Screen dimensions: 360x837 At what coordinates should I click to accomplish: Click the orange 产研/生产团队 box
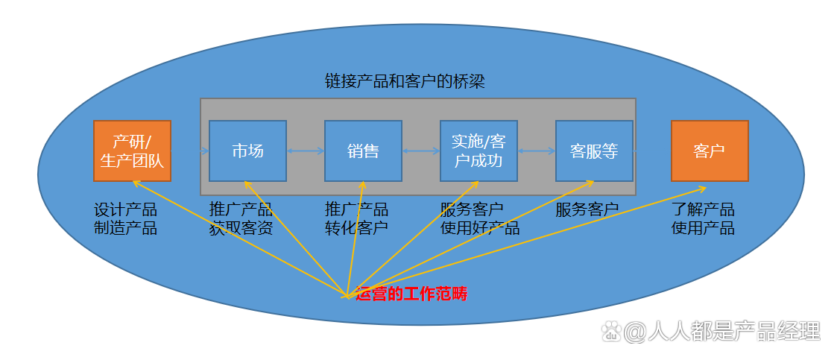(132, 151)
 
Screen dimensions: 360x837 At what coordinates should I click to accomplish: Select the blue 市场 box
(247, 151)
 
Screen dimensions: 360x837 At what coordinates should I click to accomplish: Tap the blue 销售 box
(363, 151)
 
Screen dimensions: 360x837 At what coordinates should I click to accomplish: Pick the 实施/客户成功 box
(478, 151)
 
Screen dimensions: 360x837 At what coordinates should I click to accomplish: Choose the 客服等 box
(594, 151)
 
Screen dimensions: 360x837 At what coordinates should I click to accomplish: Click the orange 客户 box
(710, 151)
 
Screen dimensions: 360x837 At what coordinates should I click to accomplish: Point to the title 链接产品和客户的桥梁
(405, 80)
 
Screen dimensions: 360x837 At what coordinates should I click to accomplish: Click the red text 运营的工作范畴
(411, 294)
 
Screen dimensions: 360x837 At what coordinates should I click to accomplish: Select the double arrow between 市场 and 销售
(306, 151)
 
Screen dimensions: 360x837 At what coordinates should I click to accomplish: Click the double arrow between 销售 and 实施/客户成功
(421, 151)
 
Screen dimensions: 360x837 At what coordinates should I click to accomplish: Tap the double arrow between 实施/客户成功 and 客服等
(537, 151)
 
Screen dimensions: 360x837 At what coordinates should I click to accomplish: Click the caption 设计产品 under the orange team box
(125, 209)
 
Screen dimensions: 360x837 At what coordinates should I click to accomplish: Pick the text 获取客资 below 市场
(241, 228)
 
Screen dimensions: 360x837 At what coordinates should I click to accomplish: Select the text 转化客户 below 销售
(356, 228)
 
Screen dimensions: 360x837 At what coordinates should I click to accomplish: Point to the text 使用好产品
(480, 228)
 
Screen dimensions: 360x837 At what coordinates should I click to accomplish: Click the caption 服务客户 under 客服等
(587, 209)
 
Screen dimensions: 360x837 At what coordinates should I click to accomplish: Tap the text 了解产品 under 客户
(703, 209)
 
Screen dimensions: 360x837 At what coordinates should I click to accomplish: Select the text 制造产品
(125, 228)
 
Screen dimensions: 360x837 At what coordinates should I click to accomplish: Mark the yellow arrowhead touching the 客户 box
(703, 188)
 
